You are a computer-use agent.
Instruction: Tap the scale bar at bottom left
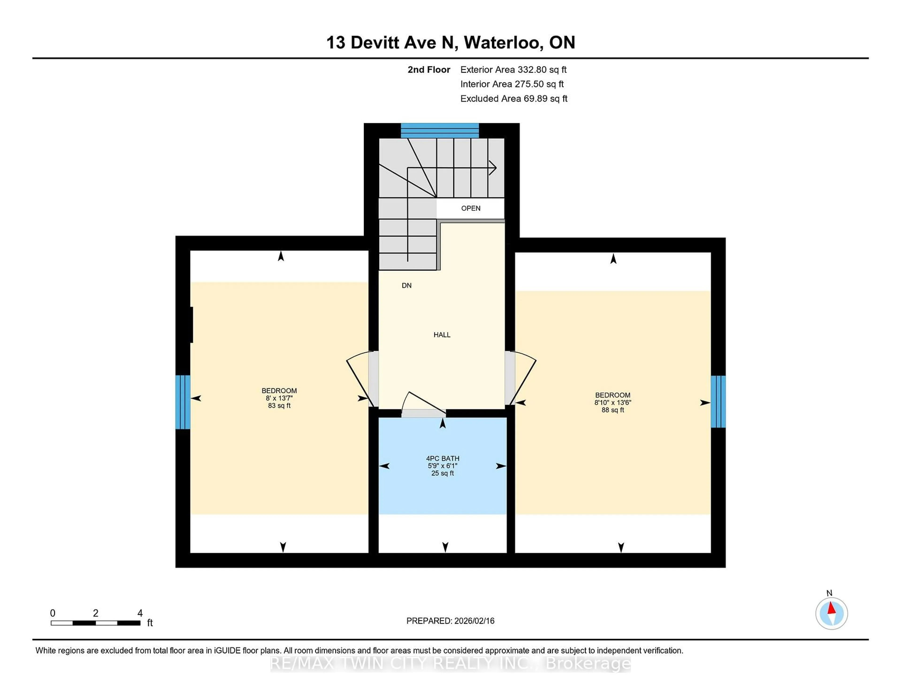point(95,623)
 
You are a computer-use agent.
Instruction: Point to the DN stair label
point(406,285)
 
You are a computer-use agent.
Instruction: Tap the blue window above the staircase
point(439,130)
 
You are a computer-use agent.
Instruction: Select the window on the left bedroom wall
point(183,402)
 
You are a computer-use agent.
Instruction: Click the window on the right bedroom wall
point(718,401)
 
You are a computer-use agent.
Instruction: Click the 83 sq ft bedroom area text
point(279,406)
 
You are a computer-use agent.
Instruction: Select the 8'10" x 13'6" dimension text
point(613,402)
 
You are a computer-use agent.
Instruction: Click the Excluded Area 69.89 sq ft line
point(514,98)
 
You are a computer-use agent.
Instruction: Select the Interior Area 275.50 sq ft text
point(512,84)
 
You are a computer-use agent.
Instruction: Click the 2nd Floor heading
point(429,70)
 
